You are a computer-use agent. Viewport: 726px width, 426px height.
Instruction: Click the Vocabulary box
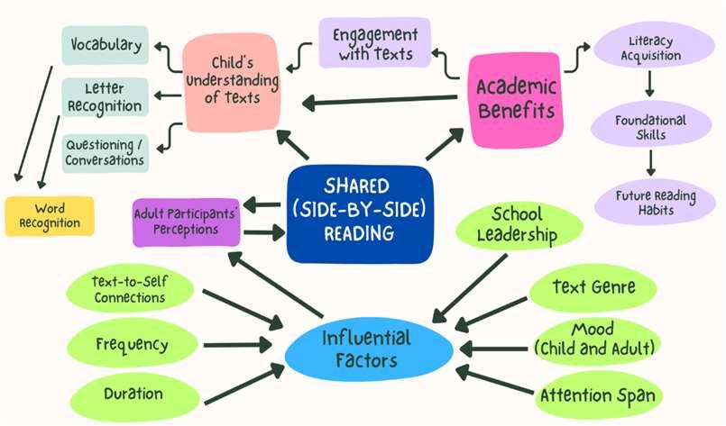[106, 44]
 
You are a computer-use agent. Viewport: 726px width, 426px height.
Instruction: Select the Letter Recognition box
[105, 98]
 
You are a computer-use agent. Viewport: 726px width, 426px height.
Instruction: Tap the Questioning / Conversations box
[105, 152]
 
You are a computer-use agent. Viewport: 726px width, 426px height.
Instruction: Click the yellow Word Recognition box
[50, 215]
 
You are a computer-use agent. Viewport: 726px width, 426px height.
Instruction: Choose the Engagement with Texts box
[375, 43]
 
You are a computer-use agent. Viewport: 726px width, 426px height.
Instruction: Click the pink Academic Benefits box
[517, 97]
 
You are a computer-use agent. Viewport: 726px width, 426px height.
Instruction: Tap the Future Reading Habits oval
[651, 200]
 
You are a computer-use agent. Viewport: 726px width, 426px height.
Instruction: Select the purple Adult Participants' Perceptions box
[187, 222]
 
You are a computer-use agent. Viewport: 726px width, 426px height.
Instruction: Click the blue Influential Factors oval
[366, 349]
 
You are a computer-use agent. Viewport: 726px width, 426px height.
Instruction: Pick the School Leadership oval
[517, 224]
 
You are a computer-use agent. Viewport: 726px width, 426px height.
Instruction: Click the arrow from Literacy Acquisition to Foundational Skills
[649, 86]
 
